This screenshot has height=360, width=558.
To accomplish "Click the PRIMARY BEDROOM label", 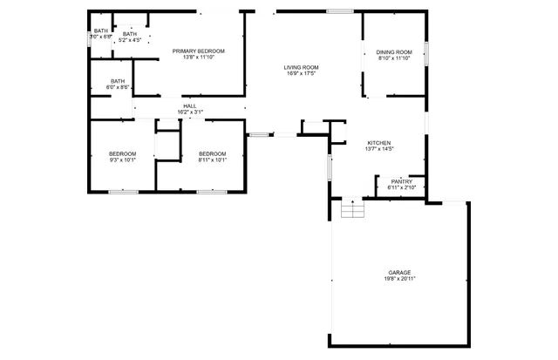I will [198, 51].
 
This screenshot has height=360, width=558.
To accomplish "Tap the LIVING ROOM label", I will [301, 68].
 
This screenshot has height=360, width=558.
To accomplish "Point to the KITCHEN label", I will [378, 143].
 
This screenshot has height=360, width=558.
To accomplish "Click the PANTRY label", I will [401, 181].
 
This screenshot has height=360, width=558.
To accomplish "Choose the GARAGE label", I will [400, 272].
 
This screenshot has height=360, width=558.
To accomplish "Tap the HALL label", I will [190, 105].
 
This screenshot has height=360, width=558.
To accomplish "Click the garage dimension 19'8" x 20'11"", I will [400, 278].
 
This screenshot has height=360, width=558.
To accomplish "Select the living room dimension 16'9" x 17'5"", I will [301, 74].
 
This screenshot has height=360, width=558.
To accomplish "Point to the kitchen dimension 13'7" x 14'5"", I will [378, 149].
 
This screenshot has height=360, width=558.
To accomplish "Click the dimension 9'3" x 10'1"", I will [122, 160].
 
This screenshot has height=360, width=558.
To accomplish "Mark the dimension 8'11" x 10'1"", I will [212, 160].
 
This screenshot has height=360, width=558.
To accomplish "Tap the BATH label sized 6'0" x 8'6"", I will [118, 81].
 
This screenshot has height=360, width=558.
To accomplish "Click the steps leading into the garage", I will [350, 209].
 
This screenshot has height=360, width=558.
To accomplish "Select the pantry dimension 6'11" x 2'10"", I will [401, 187].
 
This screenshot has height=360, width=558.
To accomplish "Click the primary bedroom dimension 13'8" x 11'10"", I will [198, 58].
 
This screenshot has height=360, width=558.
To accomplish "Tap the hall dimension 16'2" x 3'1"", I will [190, 112].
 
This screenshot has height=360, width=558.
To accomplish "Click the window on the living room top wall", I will [340, 11].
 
